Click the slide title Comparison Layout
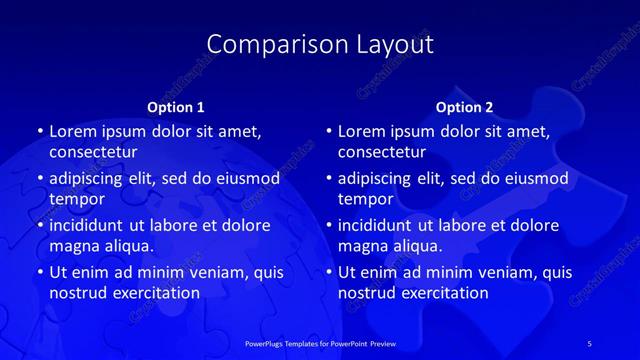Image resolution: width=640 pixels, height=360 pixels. (320, 45)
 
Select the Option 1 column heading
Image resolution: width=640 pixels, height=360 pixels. (176, 106)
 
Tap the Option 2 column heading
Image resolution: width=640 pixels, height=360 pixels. (464, 106)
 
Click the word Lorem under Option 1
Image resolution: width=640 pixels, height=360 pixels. (73, 131)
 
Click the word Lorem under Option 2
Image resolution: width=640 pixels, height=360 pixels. (362, 131)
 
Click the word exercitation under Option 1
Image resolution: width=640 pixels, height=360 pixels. (153, 293)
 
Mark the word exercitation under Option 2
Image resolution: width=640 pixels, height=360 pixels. (442, 293)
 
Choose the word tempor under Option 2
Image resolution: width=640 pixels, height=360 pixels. (362, 199)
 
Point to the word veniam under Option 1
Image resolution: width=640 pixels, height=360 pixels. (210, 272)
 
